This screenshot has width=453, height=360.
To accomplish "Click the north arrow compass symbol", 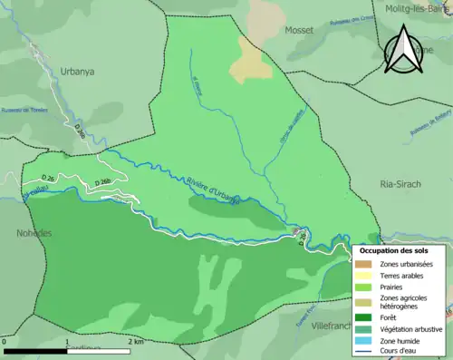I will (407, 49).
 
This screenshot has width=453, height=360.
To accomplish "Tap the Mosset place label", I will (298, 30).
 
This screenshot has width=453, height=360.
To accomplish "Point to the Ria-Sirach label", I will (400, 183).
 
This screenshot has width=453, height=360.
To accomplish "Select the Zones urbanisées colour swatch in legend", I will (365, 264).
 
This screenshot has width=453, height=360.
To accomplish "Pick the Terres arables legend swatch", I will (365, 276).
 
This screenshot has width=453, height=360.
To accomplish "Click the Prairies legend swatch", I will (365, 287).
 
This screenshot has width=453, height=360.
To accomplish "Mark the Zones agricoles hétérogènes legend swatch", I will (365, 302).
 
